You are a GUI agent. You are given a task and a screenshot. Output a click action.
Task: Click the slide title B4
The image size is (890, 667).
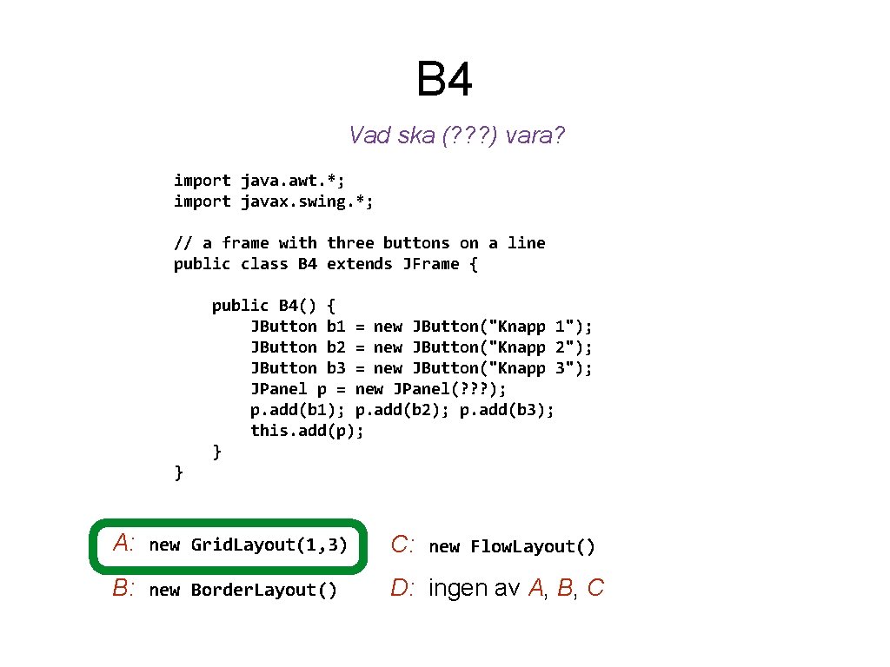[444, 79]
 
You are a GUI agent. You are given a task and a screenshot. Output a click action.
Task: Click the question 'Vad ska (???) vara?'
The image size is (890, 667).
[456, 135]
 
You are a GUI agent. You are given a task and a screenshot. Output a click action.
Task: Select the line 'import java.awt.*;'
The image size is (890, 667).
[259, 181]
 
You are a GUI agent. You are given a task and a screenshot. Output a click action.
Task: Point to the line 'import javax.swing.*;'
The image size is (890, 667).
[274, 201]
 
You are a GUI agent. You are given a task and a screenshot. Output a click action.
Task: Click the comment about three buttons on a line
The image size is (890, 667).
[359, 243]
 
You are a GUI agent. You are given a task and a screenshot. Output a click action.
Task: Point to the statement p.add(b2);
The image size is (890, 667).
[402, 410]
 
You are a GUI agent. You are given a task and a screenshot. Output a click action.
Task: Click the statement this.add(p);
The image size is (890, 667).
[307, 431]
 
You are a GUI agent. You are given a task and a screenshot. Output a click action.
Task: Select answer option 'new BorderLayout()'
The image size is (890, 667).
[243, 591]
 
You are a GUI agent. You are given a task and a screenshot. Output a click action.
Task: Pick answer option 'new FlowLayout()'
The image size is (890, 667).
[512, 546]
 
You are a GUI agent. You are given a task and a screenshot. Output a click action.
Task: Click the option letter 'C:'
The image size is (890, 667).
[405, 545]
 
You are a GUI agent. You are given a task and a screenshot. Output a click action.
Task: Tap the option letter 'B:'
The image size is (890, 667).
[123, 589]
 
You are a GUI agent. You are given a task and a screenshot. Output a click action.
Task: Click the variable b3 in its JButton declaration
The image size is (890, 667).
[335, 368]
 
